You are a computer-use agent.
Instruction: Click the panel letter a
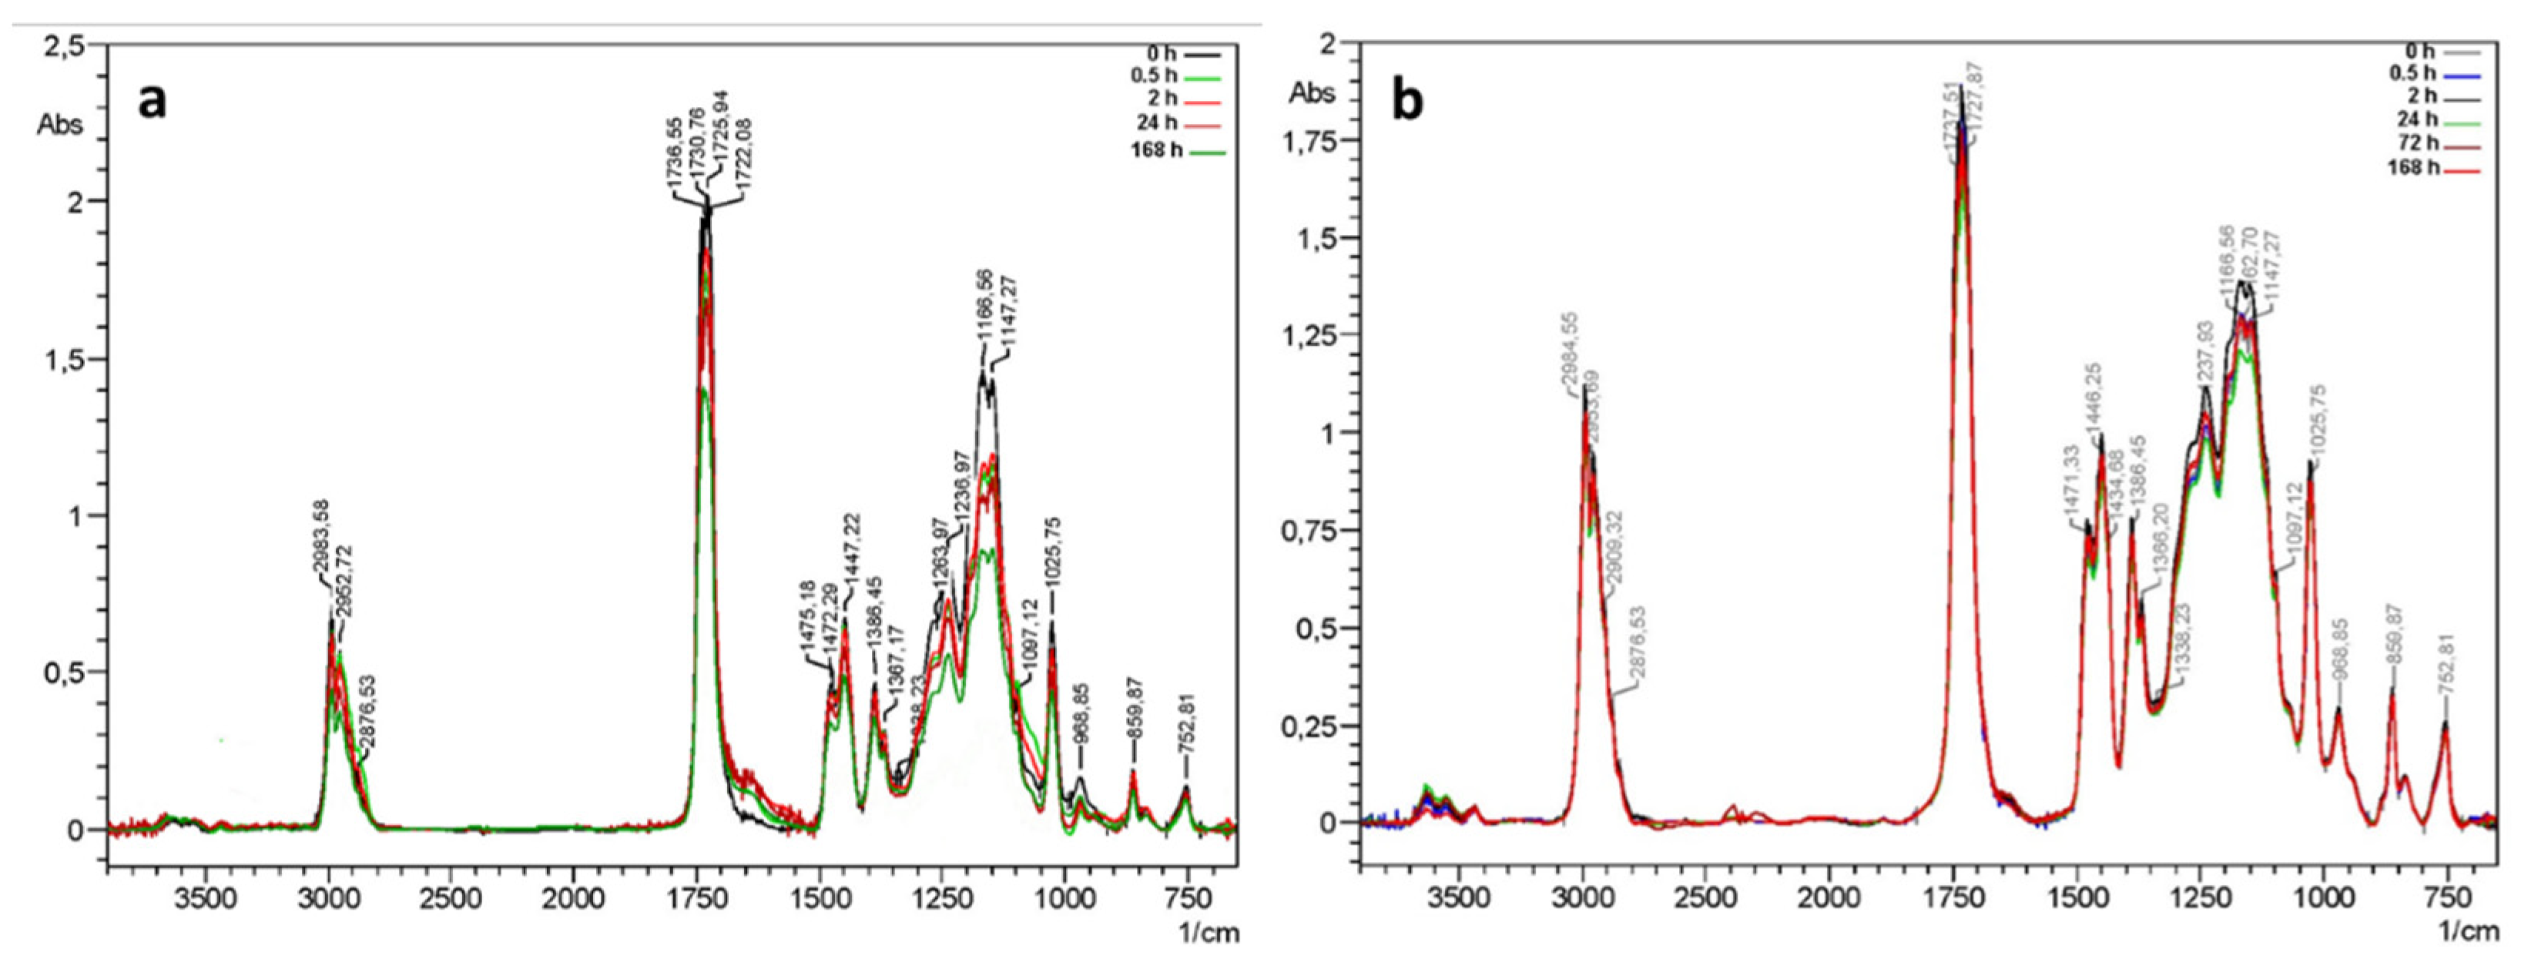153,101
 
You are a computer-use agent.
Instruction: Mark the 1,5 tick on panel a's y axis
68,359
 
